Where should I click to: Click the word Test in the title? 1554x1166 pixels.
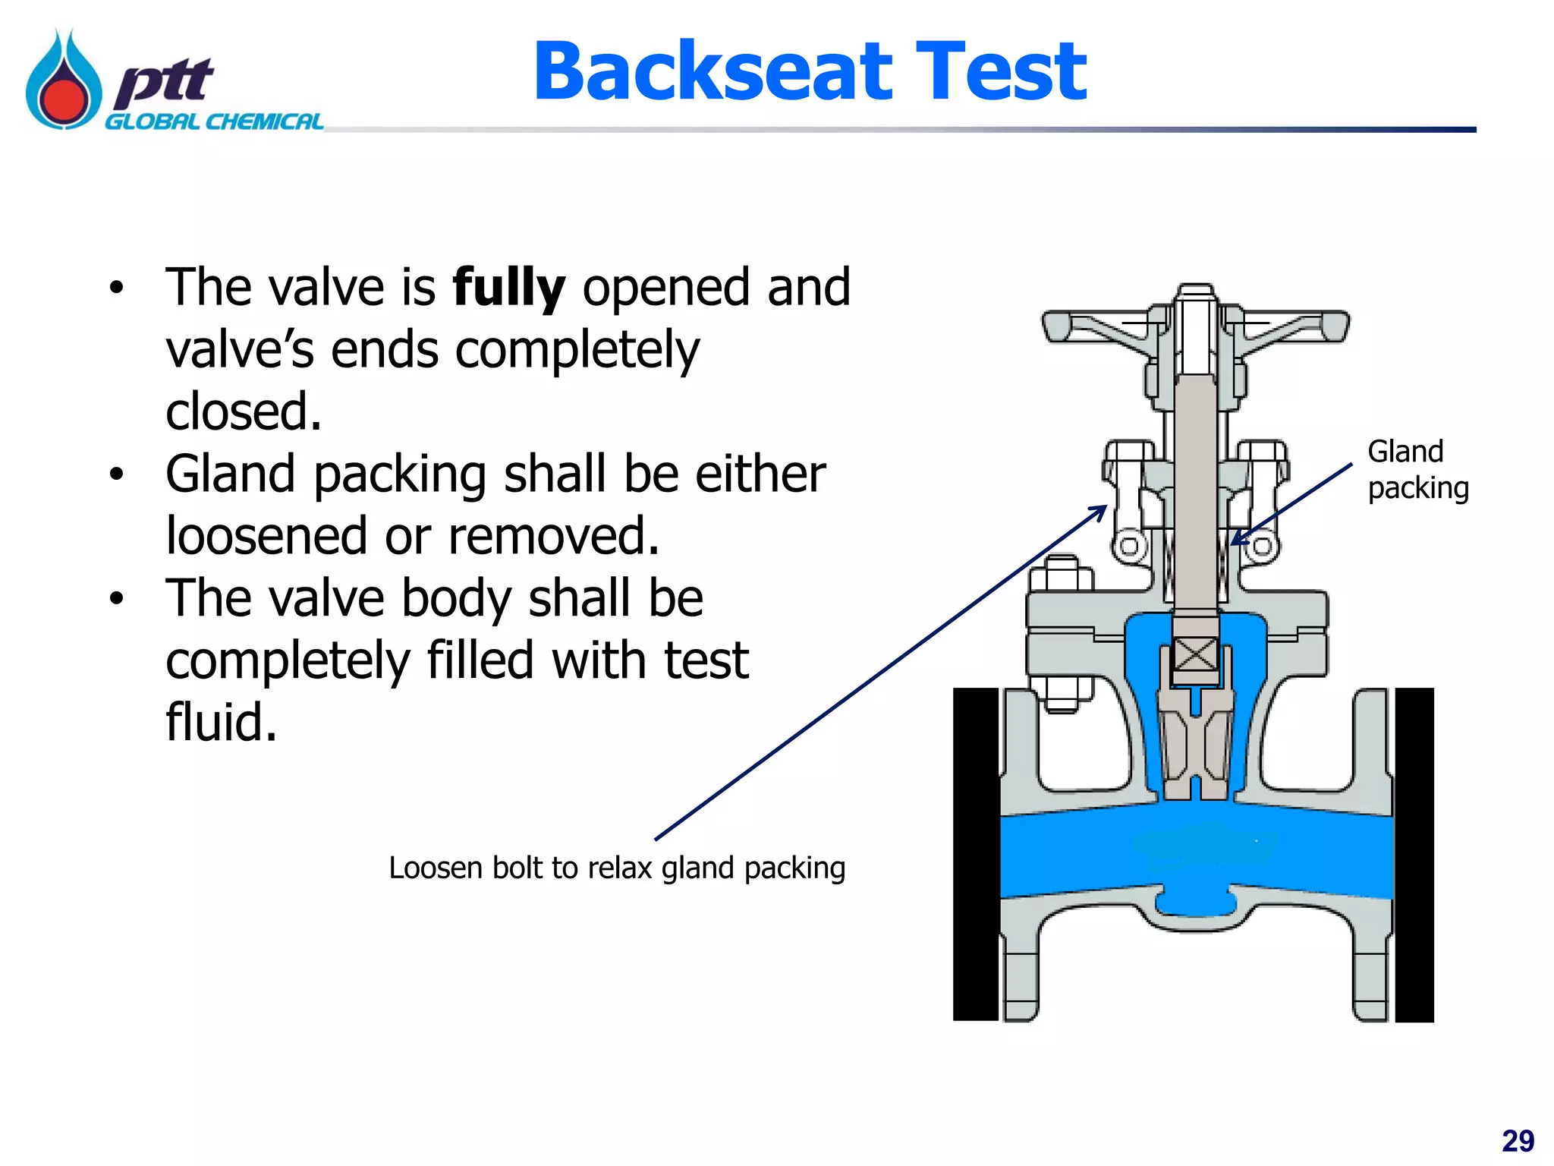tap(1002, 72)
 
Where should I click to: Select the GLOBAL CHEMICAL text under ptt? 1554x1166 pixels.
tap(214, 122)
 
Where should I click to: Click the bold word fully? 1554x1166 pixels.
tap(508, 288)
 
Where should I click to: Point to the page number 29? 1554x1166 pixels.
tap(1518, 1141)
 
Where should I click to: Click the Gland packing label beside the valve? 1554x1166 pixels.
tap(1417, 469)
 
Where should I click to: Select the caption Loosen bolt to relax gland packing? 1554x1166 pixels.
tap(616, 868)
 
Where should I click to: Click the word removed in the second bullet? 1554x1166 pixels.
tap(553, 536)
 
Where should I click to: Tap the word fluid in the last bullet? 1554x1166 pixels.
tap(221, 722)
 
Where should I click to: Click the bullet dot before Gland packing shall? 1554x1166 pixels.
tap(115, 474)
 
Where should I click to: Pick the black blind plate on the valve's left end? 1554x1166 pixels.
tap(976, 854)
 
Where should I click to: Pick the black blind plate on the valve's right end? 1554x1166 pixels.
tap(1414, 854)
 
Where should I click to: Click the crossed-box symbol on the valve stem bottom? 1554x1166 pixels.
tap(1195, 654)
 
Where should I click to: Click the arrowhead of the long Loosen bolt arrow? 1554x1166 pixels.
tap(1101, 510)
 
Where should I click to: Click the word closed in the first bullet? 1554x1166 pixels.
tap(244, 412)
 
